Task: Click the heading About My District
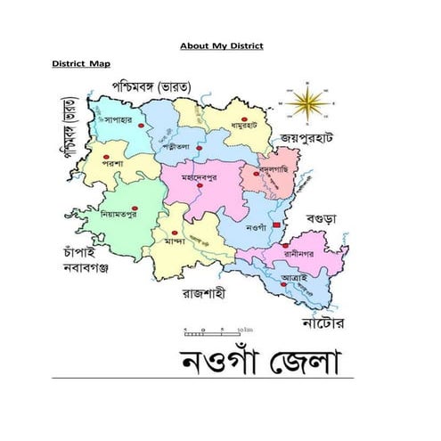pyautogui.click(x=222, y=45)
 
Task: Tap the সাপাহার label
pyautogui.click(x=118, y=118)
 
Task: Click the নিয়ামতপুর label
pyautogui.click(x=121, y=214)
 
